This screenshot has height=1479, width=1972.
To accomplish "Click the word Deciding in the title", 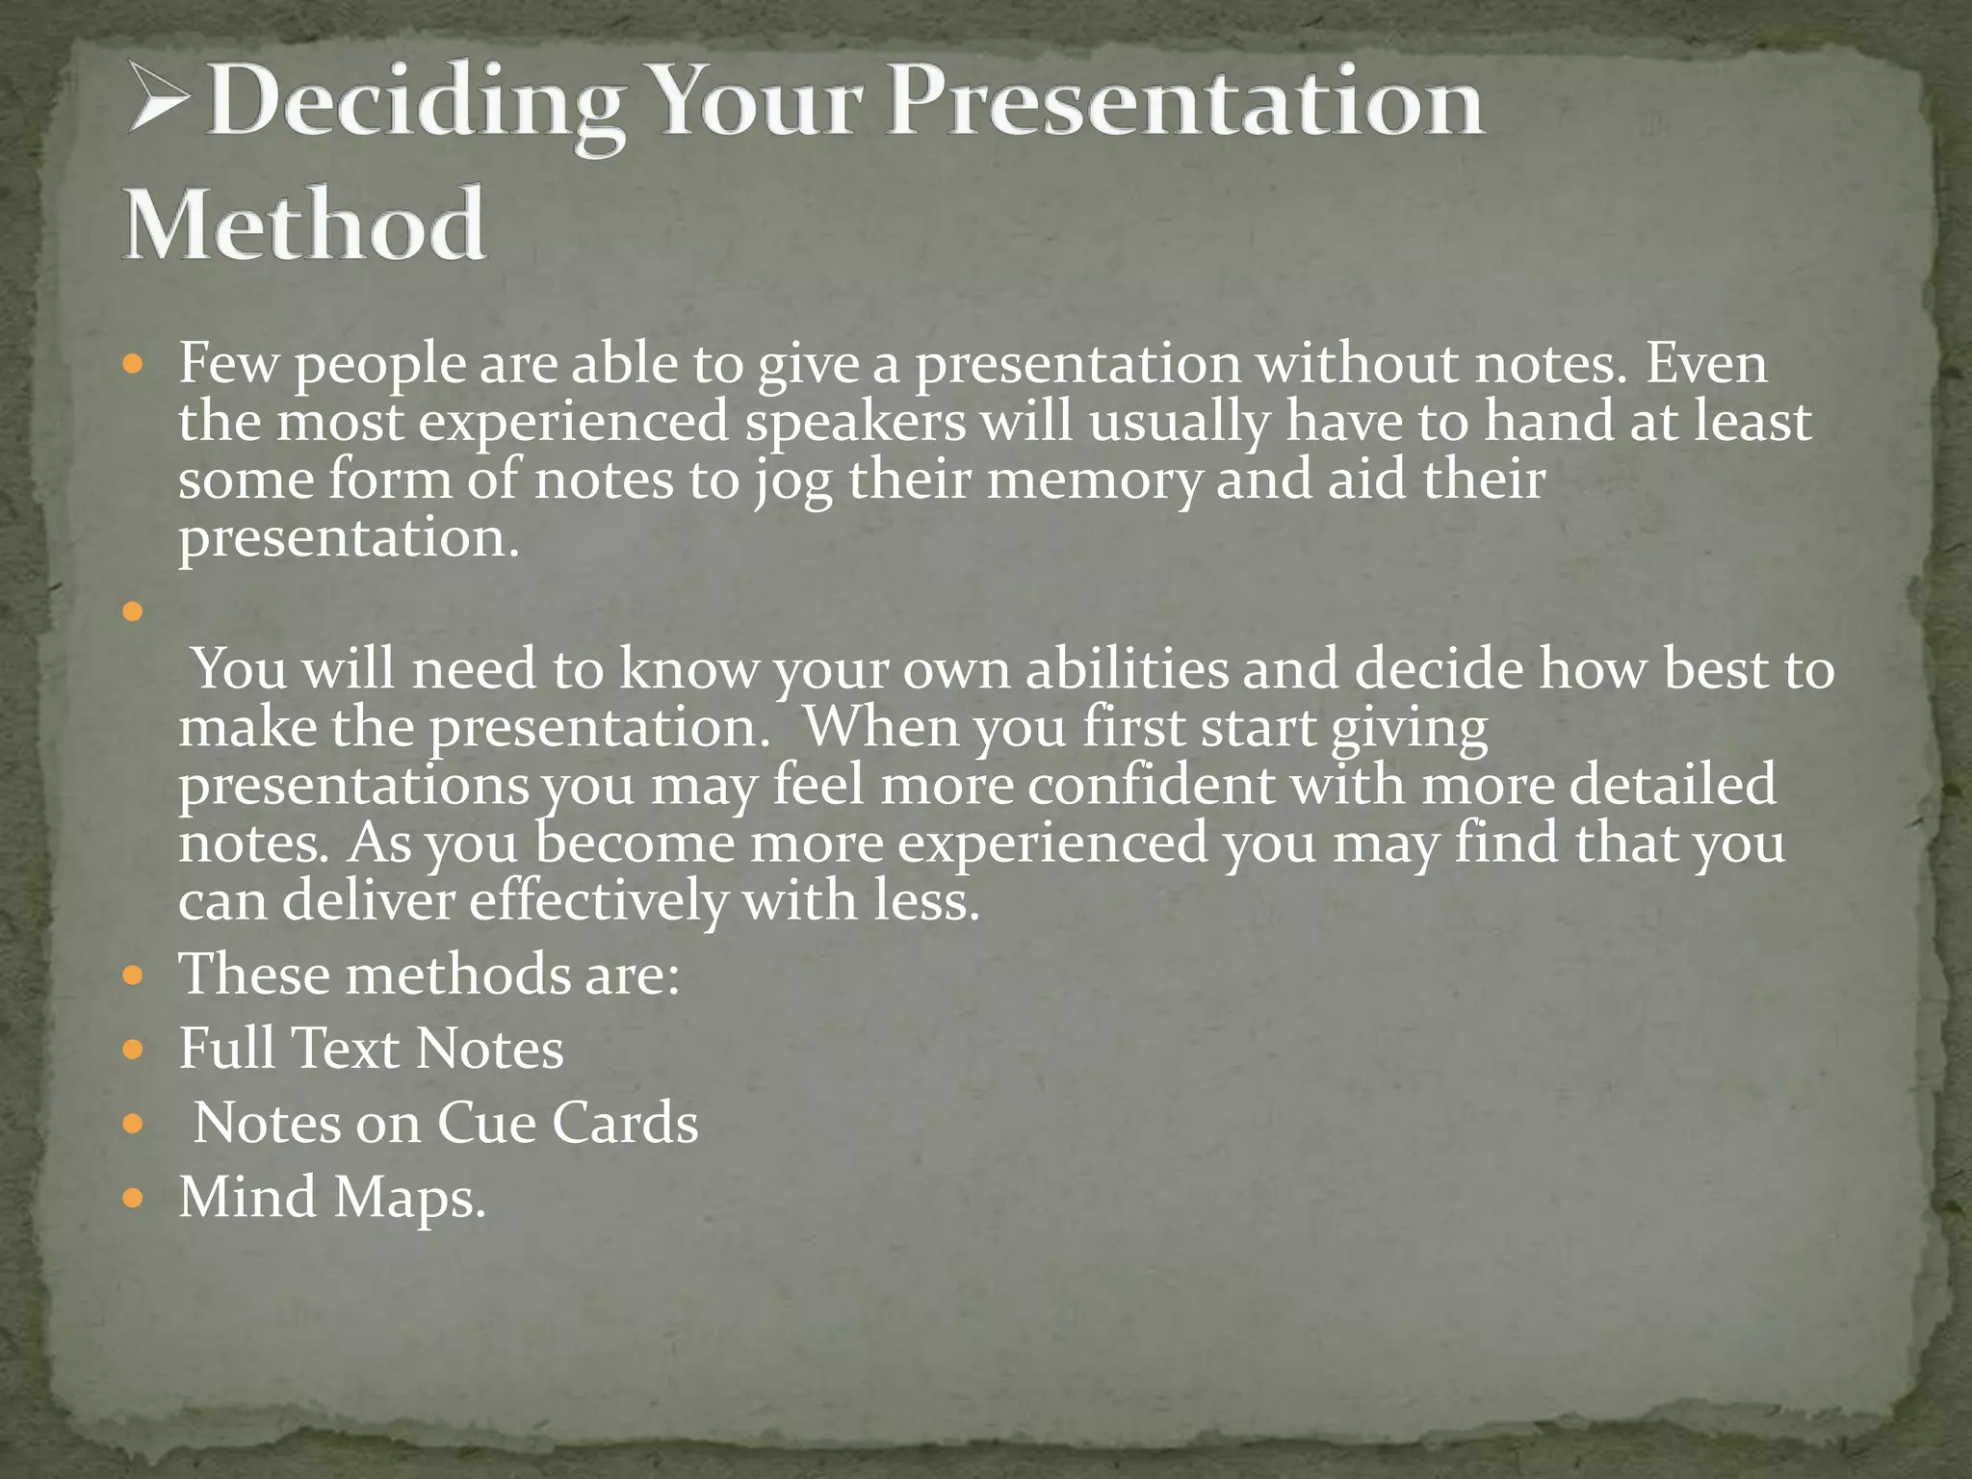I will point(415,104).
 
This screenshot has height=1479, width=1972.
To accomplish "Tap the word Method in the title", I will point(304,225).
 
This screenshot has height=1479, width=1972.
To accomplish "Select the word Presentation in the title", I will point(1185,104).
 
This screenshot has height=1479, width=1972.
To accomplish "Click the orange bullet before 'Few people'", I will point(134,367).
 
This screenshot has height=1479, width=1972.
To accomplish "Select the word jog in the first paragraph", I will point(793,481).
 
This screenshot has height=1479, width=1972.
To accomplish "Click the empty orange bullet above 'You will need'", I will point(134,611).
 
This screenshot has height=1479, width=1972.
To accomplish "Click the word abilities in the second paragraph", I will point(1127,669).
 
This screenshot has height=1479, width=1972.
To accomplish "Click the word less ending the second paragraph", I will point(925,901).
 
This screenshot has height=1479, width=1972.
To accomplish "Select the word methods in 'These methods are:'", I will point(457,974).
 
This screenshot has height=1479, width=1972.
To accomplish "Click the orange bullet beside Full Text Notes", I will point(134,1050).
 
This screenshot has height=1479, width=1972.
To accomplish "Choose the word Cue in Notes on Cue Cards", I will point(486,1123).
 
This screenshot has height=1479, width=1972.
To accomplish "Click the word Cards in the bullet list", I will point(625,1123).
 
